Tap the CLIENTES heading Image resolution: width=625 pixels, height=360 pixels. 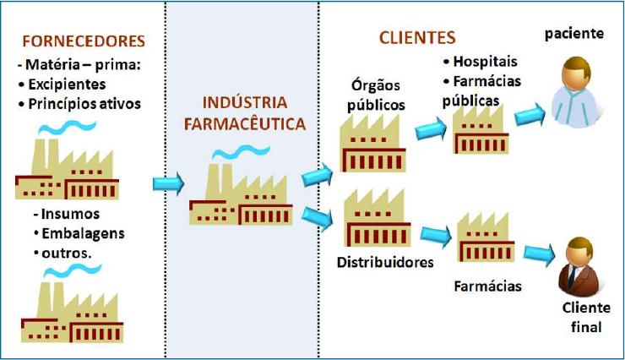point(416,37)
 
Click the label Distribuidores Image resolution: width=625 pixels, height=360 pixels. point(385,261)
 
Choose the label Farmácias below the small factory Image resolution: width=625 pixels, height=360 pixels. point(487,286)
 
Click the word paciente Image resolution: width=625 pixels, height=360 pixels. point(573,34)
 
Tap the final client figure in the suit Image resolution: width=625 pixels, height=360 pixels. point(576,267)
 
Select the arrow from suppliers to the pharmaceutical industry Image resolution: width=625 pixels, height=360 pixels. point(167,183)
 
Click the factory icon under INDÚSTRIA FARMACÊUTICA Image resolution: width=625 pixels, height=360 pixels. point(241,191)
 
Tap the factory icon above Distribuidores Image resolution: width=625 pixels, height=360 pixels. point(378,219)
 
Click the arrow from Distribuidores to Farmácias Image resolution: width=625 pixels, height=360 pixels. point(435,233)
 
